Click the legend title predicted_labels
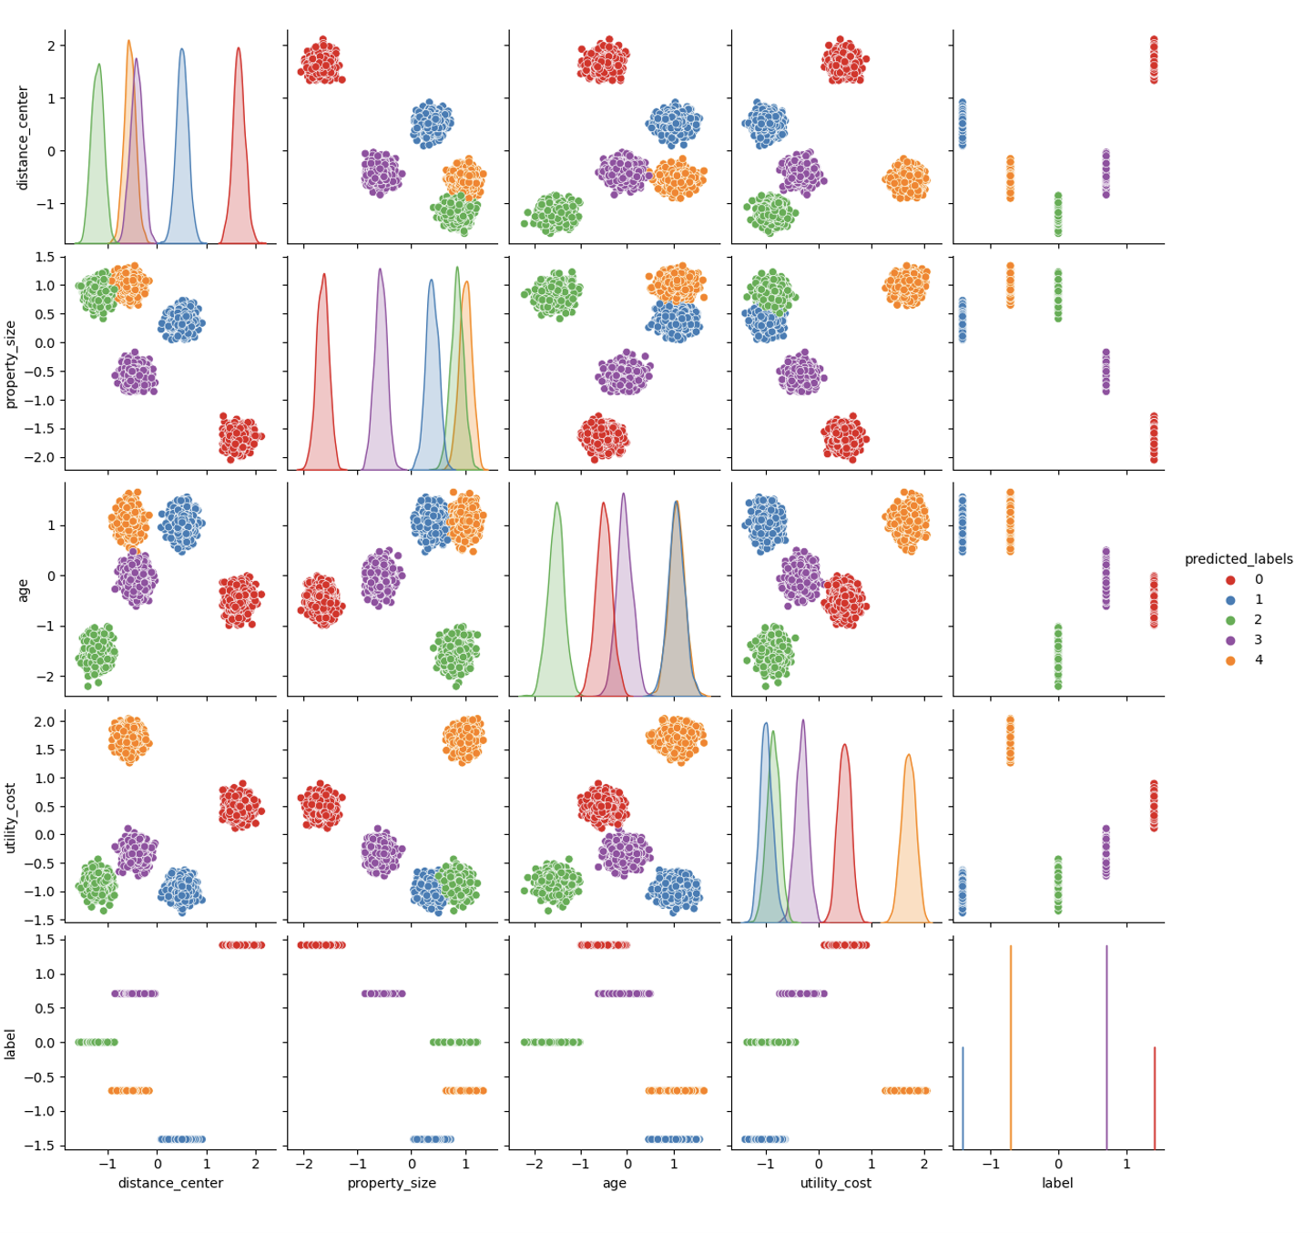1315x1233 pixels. pyautogui.click(x=1239, y=559)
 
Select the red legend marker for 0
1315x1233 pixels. pyautogui.click(x=1230, y=580)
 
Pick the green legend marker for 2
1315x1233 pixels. pyautogui.click(x=1230, y=620)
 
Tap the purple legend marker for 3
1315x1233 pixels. pyautogui.click(x=1230, y=640)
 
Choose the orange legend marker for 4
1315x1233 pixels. pyautogui.click(x=1230, y=660)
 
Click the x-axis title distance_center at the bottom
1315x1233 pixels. pyautogui.click(x=171, y=1183)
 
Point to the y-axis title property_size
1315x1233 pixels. pyautogui.click(x=10, y=364)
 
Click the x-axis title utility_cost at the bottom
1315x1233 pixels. pyautogui.click(x=836, y=1183)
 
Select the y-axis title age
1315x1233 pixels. pyautogui.click(x=23, y=591)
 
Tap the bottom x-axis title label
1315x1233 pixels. pyautogui.click(x=1057, y=1183)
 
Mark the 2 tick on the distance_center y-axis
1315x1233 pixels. pyautogui.click(x=52, y=46)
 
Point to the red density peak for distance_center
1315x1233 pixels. pyautogui.click(x=239, y=48)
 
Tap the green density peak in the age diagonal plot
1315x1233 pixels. pyautogui.click(x=556, y=504)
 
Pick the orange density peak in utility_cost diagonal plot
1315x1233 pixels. pyautogui.click(x=909, y=755)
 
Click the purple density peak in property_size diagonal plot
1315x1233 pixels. pyautogui.click(x=380, y=269)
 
